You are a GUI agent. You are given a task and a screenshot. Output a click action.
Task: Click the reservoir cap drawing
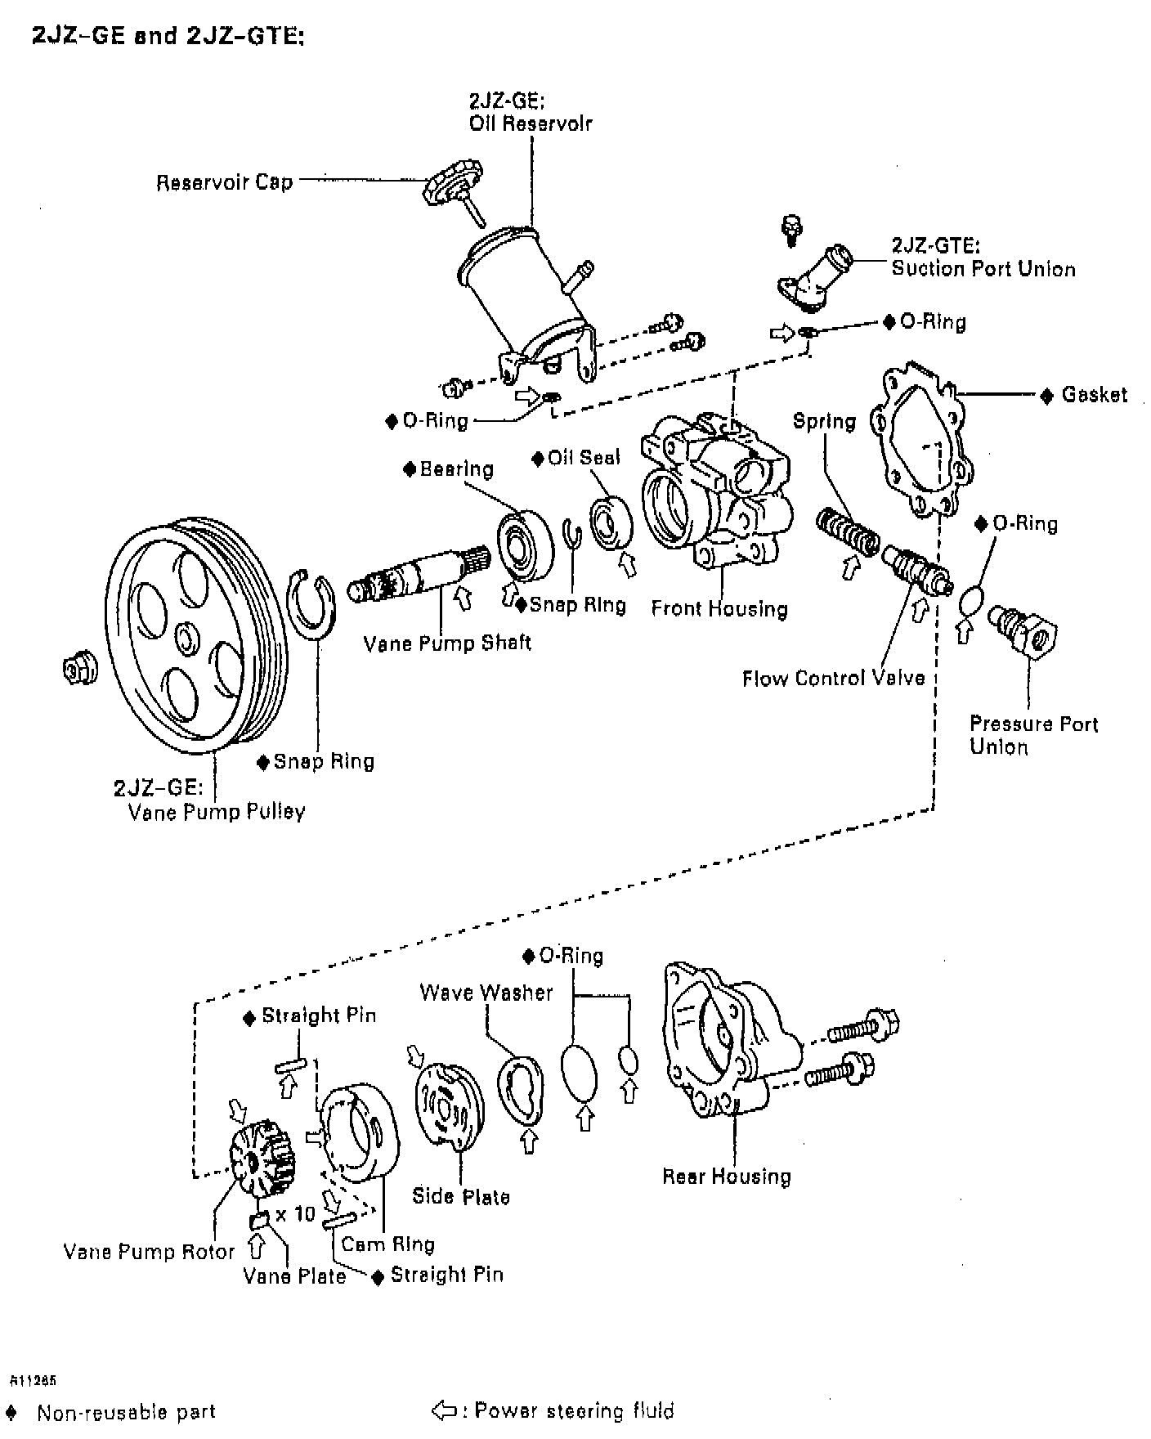450,185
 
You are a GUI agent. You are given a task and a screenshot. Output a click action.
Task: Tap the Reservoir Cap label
224,182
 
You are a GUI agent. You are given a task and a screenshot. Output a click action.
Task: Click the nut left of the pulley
79,669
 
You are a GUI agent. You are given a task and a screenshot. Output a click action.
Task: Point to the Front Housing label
719,608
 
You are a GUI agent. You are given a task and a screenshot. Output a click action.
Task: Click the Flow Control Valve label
833,678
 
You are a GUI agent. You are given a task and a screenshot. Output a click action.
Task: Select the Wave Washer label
486,993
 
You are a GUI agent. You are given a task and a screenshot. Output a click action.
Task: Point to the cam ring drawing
360,1132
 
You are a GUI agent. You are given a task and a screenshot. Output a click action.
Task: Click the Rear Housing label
727,1177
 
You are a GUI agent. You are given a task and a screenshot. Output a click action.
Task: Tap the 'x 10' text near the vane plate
294,1214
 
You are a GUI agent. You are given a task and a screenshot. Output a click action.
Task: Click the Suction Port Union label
983,268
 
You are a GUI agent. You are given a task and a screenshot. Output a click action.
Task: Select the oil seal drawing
612,522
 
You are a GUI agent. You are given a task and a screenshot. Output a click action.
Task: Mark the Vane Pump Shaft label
447,643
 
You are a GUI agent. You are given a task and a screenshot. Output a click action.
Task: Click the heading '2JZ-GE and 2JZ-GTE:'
168,37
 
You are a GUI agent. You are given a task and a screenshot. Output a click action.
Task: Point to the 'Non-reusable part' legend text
126,1412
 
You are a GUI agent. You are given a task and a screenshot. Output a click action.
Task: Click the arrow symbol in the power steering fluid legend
443,1410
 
